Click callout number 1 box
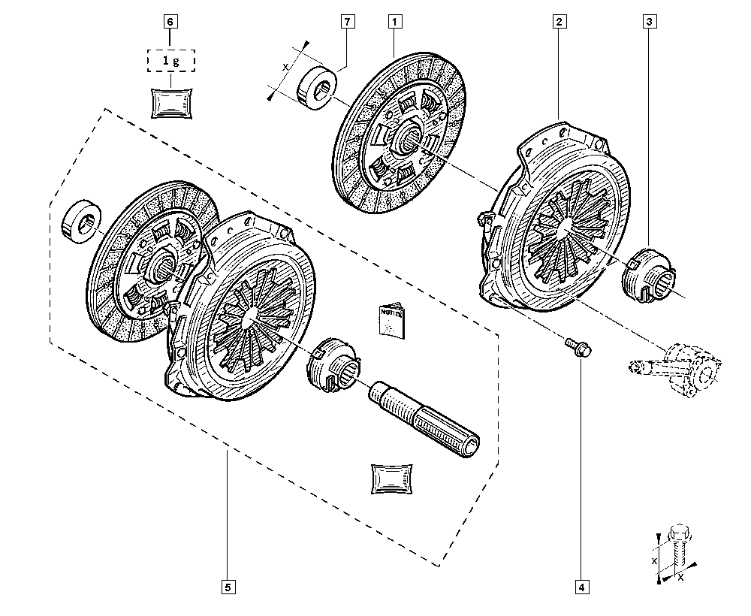394,22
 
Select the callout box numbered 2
559,22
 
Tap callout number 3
648,22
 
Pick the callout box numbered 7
347,22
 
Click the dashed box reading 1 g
170,58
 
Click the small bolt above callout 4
578,347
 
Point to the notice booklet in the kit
391,321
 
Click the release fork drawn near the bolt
676,366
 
